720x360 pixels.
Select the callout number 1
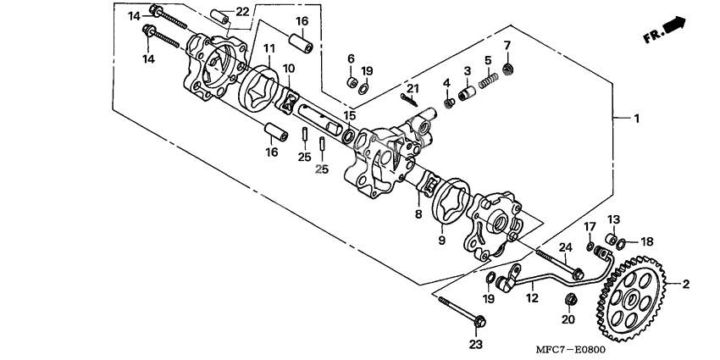coord(636,119)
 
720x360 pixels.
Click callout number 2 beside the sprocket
coord(685,285)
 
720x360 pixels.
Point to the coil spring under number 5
coord(489,80)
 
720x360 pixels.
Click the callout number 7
coord(507,46)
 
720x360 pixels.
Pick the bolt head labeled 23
coord(479,321)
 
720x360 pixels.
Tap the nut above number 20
coord(570,299)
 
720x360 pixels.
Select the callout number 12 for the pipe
coord(532,298)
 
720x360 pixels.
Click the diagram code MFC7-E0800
coord(570,350)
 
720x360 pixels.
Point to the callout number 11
coord(269,47)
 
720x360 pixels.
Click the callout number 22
coord(242,13)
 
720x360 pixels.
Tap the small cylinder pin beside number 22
coord(219,17)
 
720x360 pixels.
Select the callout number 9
coord(441,240)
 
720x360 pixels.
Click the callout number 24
coord(565,248)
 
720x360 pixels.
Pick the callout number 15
coord(350,114)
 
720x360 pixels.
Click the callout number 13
coord(614,219)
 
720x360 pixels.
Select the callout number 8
coord(418,213)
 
